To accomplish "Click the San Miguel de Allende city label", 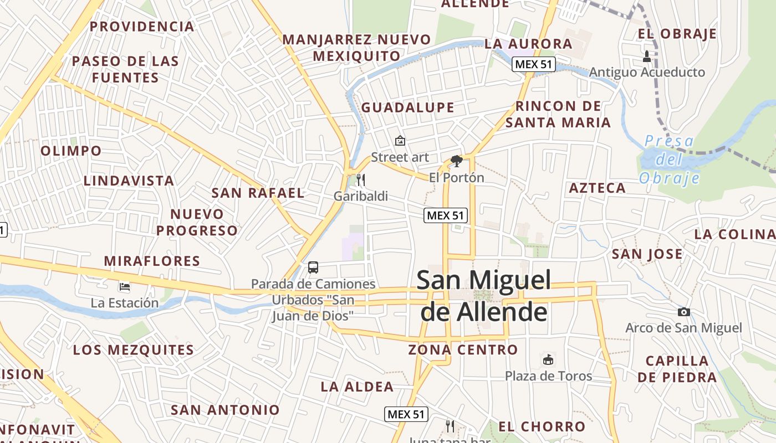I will tap(483, 296).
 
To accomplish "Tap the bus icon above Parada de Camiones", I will tap(313, 267).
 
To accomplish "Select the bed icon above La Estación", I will tap(125, 287).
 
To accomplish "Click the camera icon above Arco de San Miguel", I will tap(684, 312).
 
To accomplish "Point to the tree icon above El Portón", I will tap(457, 161).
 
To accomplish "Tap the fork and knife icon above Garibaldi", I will tap(361, 179).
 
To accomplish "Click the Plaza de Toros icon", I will tap(548, 360).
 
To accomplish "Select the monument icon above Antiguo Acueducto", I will tap(647, 56).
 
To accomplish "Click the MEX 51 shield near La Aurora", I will tap(533, 64).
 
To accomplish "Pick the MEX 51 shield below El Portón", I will tap(446, 215).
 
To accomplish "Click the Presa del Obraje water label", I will tap(670, 159).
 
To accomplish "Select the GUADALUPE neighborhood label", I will tap(407, 107).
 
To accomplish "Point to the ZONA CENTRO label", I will tap(463, 350).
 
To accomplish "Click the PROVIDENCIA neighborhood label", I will tap(142, 26).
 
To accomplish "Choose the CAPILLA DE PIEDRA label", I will tap(677, 369).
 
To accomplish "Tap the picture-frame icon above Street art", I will tap(400, 141).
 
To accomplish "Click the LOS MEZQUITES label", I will tap(133, 350).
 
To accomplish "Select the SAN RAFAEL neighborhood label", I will tap(258, 193).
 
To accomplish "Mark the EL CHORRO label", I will tap(542, 426).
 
